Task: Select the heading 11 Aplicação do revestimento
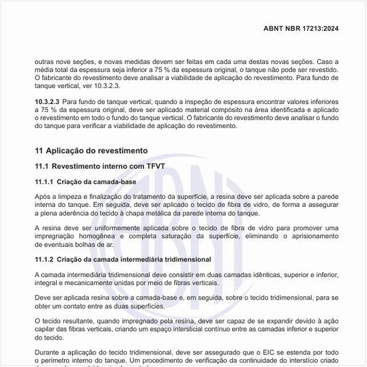tap(91, 151)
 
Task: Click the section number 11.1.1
tap(45, 181)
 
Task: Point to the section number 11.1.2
tap(45, 259)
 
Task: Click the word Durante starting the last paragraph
tap(49, 353)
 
